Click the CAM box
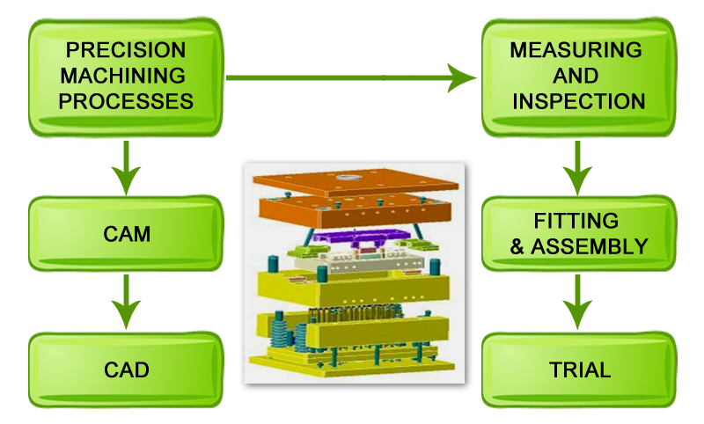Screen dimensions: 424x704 click(126, 235)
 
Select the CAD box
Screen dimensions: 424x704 click(126, 369)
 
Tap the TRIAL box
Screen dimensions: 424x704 click(579, 369)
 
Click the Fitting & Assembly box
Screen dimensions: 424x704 click(579, 234)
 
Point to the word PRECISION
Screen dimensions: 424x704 click(126, 50)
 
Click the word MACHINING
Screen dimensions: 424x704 click(126, 76)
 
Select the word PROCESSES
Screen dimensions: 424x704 click(126, 101)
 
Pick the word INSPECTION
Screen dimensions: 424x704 click(578, 101)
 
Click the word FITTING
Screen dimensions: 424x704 click(576, 221)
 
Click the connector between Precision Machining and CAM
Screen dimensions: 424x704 click(126, 168)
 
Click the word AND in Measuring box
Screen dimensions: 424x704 click(578, 76)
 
